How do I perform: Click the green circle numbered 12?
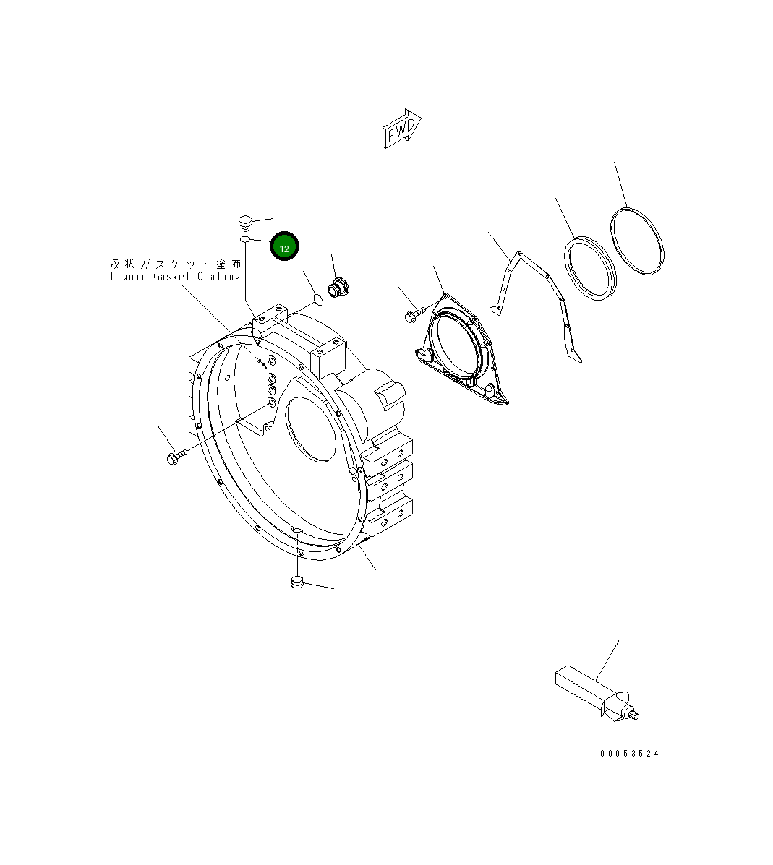point(284,247)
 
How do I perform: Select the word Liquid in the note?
point(128,277)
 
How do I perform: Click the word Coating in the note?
point(217,277)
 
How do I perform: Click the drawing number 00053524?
point(629,754)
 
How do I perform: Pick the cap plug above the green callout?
point(244,220)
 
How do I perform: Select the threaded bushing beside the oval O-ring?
point(337,287)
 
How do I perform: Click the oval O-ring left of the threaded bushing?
point(316,296)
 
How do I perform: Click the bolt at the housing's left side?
point(176,457)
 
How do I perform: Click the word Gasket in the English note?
point(171,277)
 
